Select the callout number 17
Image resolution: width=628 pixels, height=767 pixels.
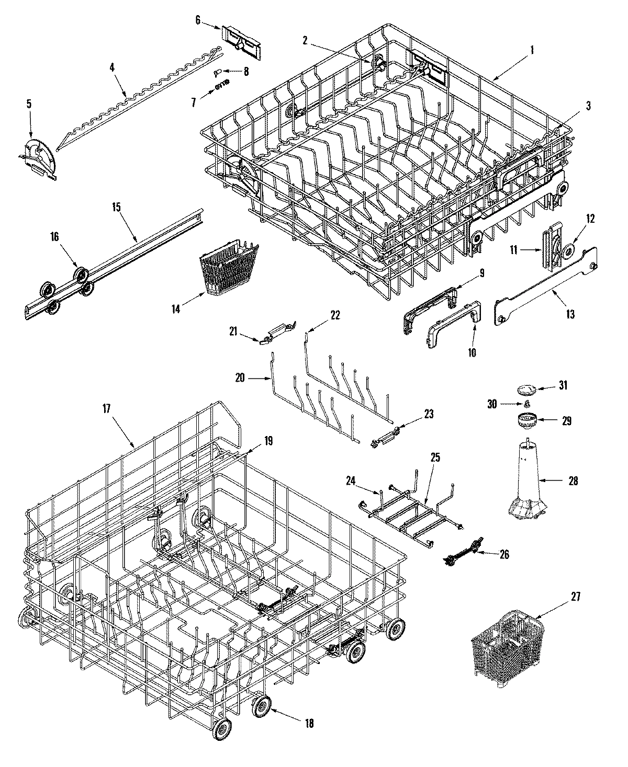coord(106,409)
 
